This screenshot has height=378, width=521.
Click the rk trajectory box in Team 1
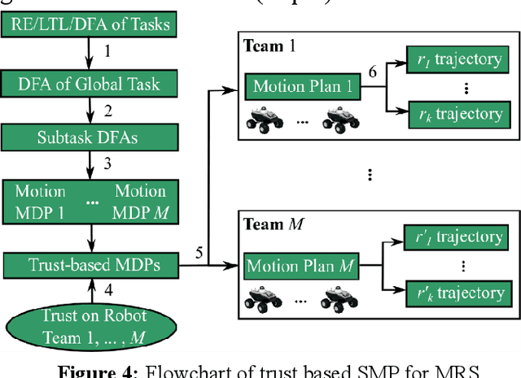(x=456, y=114)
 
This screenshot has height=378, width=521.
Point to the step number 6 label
(x=372, y=72)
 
